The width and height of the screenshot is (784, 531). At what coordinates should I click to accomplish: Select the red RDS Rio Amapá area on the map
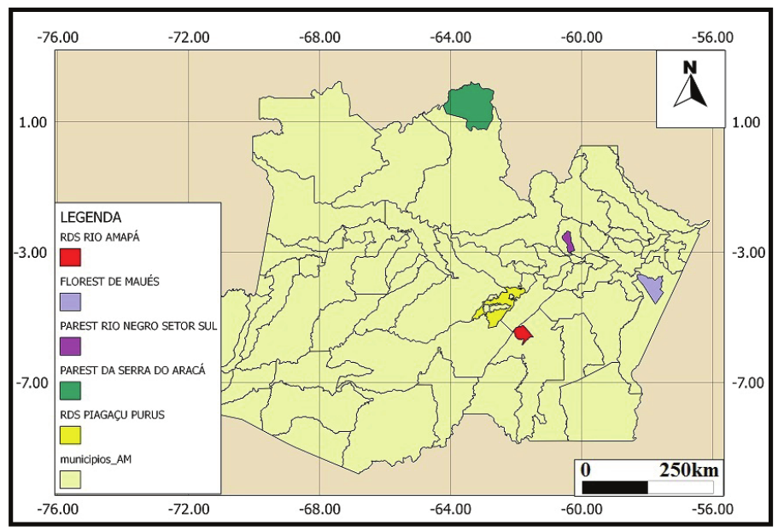tap(523, 332)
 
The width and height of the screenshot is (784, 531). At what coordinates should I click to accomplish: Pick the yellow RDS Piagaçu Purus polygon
tap(499, 306)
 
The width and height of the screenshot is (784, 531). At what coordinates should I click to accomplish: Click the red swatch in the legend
tap(71, 256)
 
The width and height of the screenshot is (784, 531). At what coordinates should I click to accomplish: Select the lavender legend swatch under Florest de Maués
tap(71, 301)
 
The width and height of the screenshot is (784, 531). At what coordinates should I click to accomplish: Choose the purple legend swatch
tap(71, 347)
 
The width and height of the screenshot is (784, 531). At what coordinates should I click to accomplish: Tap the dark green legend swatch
tap(71, 391)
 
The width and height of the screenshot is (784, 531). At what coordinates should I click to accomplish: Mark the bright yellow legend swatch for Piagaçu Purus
tap(71, 436)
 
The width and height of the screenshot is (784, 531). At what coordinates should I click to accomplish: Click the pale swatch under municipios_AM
tap(71, 480)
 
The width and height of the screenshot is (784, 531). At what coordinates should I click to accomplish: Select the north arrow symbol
tap(690, 85)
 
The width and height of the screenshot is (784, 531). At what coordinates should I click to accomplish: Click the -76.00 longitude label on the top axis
tap(60, 38)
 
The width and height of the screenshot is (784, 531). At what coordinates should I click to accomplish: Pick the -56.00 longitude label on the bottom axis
tap(713, 511)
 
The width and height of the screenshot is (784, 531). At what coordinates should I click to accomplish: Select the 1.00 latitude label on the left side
tap(32, 122)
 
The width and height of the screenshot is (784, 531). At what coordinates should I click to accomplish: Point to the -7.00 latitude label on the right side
tap(751, 382)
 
